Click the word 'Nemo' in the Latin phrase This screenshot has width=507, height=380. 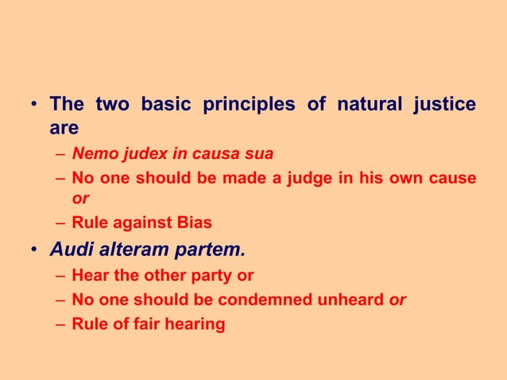(x=91, y=154)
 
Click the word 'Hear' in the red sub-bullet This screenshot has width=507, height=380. (x=89, y=276)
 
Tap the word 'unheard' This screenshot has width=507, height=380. (x=350, y=300)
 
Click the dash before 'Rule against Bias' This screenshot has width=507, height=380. (x=61, y=223)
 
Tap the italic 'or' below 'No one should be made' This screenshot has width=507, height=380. (x=80, y=199)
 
